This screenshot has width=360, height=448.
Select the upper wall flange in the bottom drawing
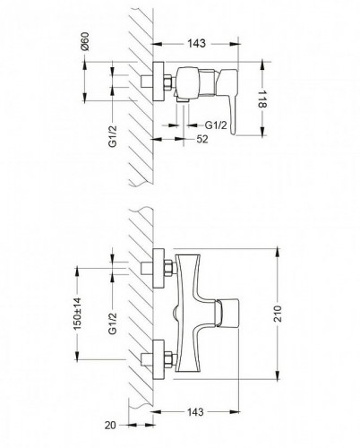click(158, 268)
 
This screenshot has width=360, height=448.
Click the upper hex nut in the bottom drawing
click(168, 268)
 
